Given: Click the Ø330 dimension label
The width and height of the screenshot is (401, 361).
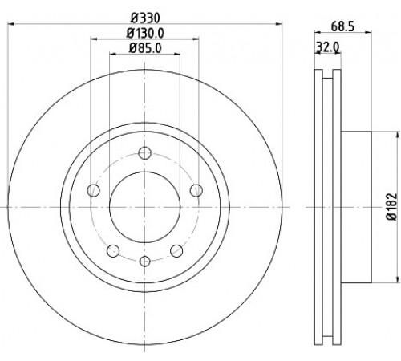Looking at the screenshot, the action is coord(145,18).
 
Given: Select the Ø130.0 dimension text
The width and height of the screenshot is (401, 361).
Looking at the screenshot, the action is coord(145,33).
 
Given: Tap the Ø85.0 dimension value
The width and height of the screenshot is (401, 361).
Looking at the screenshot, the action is coord(145,48).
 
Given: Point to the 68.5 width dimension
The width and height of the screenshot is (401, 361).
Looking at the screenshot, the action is coord(342,26).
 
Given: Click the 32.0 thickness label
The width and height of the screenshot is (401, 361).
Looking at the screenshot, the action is coord(328,47).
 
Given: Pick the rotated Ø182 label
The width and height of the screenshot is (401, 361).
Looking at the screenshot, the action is coord(391,206).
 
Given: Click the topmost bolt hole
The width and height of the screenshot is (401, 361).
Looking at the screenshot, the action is coord(144,153).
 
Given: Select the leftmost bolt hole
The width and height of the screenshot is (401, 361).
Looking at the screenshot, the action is coord(93,190).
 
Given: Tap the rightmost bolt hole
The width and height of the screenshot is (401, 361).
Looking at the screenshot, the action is coord(196,190).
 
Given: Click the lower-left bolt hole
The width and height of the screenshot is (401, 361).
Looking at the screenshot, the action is coord(113,251).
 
